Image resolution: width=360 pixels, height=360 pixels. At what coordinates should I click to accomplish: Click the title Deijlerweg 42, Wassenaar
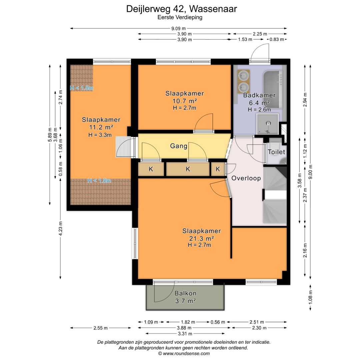click(182, 9)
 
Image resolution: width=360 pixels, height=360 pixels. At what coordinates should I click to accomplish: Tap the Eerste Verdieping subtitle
click(180, 18)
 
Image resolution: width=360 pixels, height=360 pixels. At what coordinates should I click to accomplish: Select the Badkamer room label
click(259, 95)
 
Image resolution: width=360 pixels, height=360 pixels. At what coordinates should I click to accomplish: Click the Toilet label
click(276, 152)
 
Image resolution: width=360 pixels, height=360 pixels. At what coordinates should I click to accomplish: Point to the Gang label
click(179, 146)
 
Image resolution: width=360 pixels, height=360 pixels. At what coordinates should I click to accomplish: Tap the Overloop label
click(246, 178)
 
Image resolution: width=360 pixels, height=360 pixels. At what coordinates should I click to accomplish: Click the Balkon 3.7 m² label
click(185, 297)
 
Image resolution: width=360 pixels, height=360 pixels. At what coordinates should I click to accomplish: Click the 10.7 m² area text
click(184, 101)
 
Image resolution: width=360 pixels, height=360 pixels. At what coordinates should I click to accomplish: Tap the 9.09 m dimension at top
click(179, 29)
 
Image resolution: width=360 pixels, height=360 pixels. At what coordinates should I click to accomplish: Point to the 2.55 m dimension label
click(100, 328)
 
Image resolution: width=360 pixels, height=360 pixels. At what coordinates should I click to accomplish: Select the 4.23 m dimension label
click(60, 229)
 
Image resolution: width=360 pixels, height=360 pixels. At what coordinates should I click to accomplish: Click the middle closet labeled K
click(188, 169)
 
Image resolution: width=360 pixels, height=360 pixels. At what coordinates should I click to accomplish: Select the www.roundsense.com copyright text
click(184, 353)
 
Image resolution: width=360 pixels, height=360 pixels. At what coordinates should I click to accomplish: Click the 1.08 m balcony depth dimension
click(311, 298)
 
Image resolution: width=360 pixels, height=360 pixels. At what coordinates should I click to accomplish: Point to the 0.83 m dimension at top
click(277, 39)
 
